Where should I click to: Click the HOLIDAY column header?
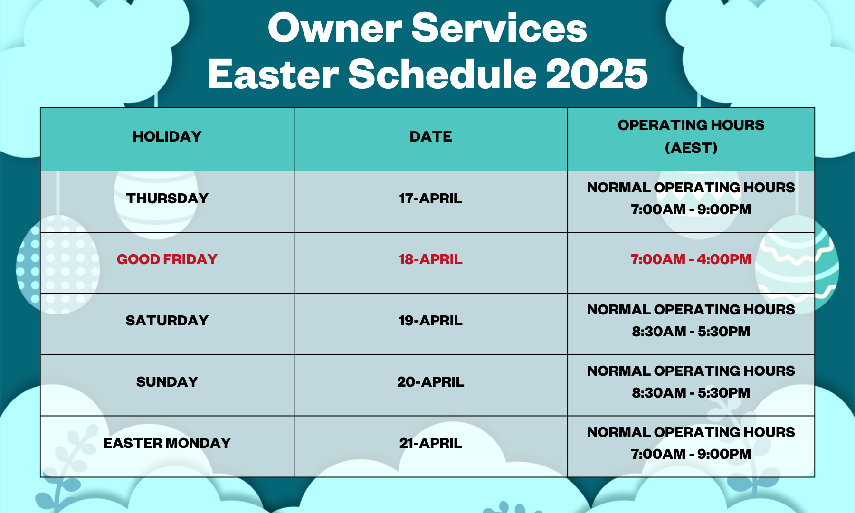pos(167,137)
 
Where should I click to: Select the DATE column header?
pos(431,137)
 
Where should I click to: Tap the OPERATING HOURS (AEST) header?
pos(691,136)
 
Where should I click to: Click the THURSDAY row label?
pos(167,198)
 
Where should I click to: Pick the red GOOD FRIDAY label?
pos(167,259)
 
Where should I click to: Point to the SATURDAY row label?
pos(167,321)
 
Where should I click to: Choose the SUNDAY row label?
pos(167,382)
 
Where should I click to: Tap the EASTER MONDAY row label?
pos(167,443)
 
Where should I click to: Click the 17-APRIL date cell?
pos(431,198)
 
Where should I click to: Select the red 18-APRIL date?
pos(431,259)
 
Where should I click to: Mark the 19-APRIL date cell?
pos(431,321)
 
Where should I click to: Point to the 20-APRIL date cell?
pos(431,382)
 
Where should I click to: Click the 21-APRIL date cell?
pos(431,443)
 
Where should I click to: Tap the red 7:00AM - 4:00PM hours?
pos(691,259)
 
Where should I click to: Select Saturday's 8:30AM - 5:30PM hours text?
pos(691,332)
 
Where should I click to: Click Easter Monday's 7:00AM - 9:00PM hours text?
pos(691,454)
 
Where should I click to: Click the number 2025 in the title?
pos(597,74)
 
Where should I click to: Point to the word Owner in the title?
pos(335,28)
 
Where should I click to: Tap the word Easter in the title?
pos(273,74)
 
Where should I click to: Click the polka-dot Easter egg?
pos(58,265)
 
